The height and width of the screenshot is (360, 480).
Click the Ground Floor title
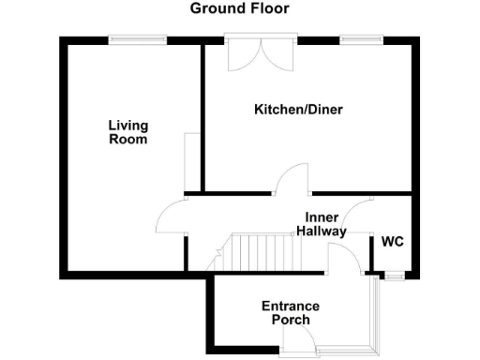click(239, 8)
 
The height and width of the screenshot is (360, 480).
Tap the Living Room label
click(127, 132)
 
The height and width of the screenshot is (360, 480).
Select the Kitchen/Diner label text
click(298, 110)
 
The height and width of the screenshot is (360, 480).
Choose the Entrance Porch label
click(290, 313)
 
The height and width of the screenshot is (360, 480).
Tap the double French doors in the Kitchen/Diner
click(262, 54)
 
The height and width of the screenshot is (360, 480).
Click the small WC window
click(395, 275)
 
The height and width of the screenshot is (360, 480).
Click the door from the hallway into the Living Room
click(171, 217)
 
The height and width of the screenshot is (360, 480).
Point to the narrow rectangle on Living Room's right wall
click(191, 159)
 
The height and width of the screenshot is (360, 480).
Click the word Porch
click(290, 320)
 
